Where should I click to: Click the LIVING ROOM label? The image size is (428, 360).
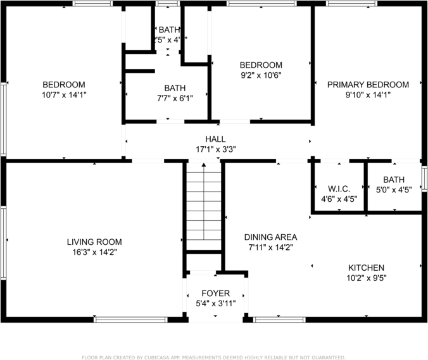[x=94, y=242]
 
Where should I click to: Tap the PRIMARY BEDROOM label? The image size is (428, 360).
[x=368, y=85]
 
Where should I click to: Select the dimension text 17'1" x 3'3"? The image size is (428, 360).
[x=215, y=150]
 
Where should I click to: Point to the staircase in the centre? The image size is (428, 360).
[x=203, y=209]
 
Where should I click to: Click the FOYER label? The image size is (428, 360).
[x=215, y=294]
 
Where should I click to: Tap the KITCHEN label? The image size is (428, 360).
[x=365, y=268]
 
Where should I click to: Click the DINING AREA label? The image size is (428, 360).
[x=268, y=237]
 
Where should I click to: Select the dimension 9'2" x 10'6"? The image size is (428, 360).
[x=260, y=75]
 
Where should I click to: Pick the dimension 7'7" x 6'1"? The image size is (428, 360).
[x=175, y=98]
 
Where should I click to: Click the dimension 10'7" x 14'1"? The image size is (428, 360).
[x=64, y=95]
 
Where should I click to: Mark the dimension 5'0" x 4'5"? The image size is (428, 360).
[x=394, y=190]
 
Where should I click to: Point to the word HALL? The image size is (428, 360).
[x=215, y=139]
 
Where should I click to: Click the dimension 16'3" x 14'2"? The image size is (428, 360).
[x=94, y=252]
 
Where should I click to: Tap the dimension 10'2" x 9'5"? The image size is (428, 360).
[x=365, y=278]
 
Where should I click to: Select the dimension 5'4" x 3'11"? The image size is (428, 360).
[x=215, y=304]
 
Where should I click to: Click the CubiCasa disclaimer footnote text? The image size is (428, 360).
[x=213, y=357]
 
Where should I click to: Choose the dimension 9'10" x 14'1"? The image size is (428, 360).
[x=368, y=95]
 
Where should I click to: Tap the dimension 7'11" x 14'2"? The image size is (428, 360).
[x=268, y=247]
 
